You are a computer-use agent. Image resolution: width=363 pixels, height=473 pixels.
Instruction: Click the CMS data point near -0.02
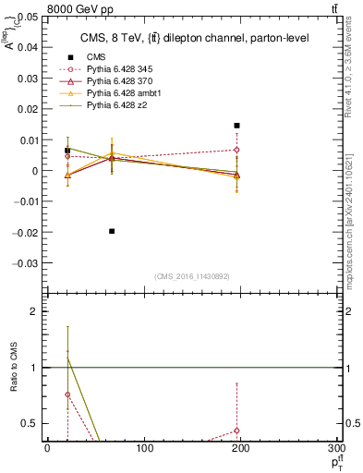point(112,231)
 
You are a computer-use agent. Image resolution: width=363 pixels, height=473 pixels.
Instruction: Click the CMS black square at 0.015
point(237,126)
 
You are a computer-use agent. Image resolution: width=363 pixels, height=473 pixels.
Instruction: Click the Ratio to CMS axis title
point(14,368)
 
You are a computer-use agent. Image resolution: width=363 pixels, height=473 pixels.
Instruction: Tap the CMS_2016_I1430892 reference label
point(192,277)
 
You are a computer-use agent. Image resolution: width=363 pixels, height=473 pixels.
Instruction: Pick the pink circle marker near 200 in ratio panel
point(237,431)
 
